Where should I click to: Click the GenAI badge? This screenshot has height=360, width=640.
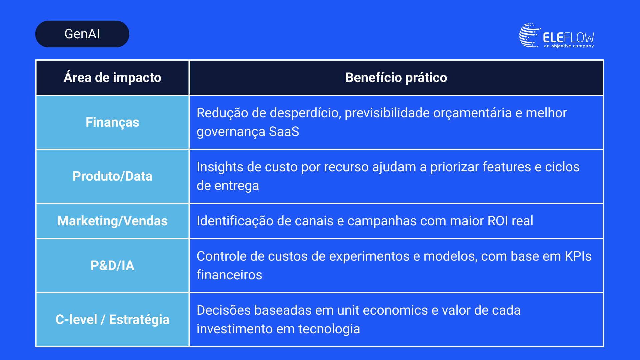82,34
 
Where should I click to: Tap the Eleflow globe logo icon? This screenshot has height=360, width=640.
530,35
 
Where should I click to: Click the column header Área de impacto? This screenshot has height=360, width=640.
112,78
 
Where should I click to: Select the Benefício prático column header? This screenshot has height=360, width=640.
396,78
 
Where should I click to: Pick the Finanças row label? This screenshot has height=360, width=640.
112,122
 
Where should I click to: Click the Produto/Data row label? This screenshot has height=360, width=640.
112,176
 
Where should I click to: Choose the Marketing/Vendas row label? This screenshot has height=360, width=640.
112,221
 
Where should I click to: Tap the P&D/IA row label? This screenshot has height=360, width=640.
112,266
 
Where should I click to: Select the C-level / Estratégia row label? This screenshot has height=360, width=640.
112,320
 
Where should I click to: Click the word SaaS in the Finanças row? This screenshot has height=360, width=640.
284,132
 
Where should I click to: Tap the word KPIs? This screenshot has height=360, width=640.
578,256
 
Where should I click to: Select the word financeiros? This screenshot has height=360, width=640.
229,275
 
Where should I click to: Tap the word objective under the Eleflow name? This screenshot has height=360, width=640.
561,46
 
